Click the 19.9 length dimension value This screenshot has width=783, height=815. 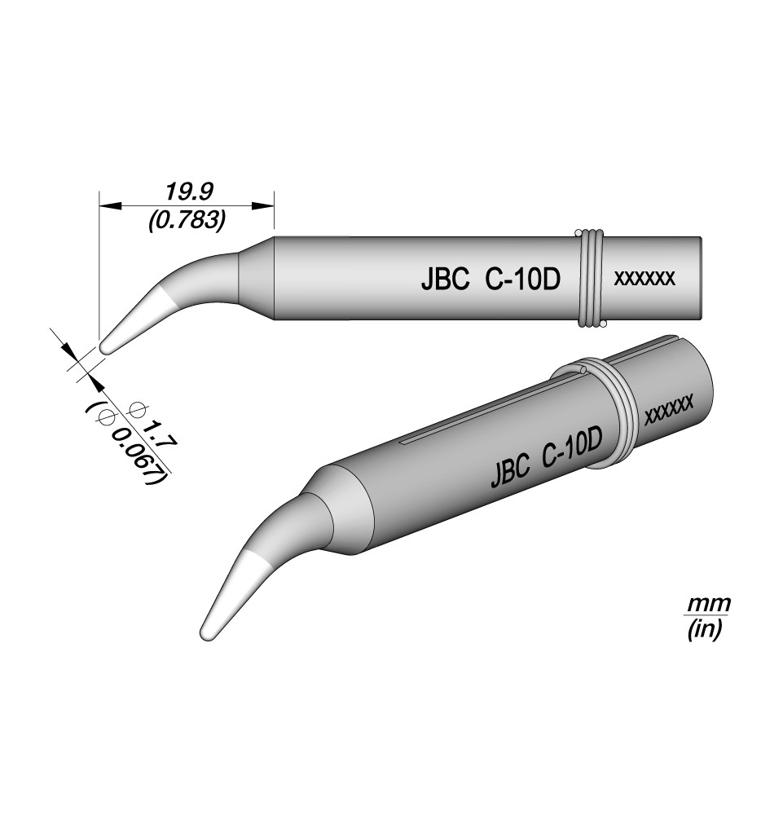click(189, 192)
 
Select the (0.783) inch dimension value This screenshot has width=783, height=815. click(187, 221)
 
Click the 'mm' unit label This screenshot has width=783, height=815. click(709, 605)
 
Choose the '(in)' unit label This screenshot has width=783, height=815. click(705, 630)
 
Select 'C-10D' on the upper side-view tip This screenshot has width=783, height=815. click(523, 280)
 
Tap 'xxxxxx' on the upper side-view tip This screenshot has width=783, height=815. click(644, 279)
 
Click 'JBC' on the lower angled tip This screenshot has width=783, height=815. click(510, 470)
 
